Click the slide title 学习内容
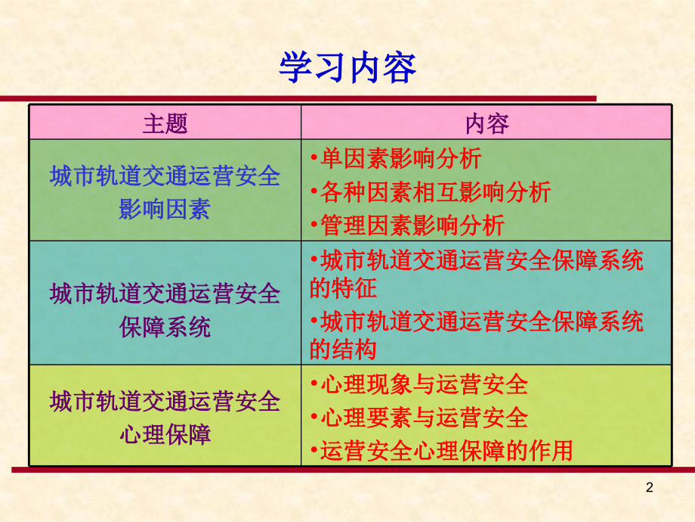click(x=347, y=69)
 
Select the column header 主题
click(x=165, y=123)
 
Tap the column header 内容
click(x=486, y=123)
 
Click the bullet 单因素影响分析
click(x=400, y=159)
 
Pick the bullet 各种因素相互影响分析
click(x=435, y=192)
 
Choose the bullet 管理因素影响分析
click(x=412, y=225)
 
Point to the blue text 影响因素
click(x=165, y=209)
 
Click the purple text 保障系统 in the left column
click(x=165, y=327)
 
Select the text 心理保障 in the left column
click(x=165, y=434)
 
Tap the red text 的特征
click(x=343, y=287)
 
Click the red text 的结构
click(x=343, y=350)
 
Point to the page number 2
click(x=650, y=488)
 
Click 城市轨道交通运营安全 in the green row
click(x=165, y=177)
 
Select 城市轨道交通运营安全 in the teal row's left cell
click(x=165, y=294)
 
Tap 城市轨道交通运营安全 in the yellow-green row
click(x=165, y=401)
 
